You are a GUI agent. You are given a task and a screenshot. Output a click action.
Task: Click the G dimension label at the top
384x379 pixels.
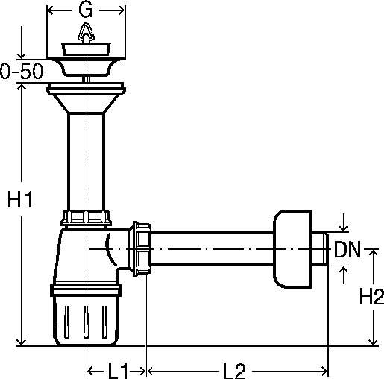[86, 10]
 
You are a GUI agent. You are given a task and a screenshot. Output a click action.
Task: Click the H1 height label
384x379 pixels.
[20, 199]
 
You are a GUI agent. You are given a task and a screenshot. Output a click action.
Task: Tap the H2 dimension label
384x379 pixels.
[371, 296]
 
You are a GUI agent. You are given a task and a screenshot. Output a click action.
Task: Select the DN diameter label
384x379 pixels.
[347, 249]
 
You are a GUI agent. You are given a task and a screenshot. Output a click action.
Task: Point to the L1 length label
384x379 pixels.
[118, 371]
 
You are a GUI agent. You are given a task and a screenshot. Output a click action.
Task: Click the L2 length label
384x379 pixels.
[234, 371]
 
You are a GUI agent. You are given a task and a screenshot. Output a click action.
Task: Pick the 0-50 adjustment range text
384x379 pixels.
[22, 71]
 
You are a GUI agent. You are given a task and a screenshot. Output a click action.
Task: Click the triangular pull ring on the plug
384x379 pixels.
[86, 32]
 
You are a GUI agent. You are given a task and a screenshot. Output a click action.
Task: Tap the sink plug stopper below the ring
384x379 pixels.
[86, 49]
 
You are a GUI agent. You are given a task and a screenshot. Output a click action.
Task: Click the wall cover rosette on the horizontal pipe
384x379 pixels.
[292, 249]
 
